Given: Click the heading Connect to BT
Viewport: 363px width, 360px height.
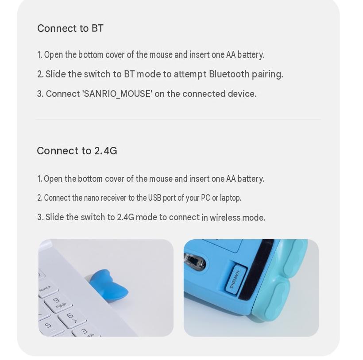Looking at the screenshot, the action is point(70,28).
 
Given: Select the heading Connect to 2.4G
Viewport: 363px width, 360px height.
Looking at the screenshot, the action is point(77,151).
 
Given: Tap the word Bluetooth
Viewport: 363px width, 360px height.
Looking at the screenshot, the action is point(229,74).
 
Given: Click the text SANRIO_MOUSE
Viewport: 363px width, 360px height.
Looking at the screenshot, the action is point(117,94).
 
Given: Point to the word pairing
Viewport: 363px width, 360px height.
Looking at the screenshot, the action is point(267,75).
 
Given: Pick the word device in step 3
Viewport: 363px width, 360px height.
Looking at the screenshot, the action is point(242,94).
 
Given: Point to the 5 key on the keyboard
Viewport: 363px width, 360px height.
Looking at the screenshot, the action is point(49,326).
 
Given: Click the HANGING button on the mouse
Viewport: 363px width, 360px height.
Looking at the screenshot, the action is point(236,279).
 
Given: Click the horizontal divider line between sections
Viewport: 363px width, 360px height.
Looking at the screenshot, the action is point(178,120).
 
